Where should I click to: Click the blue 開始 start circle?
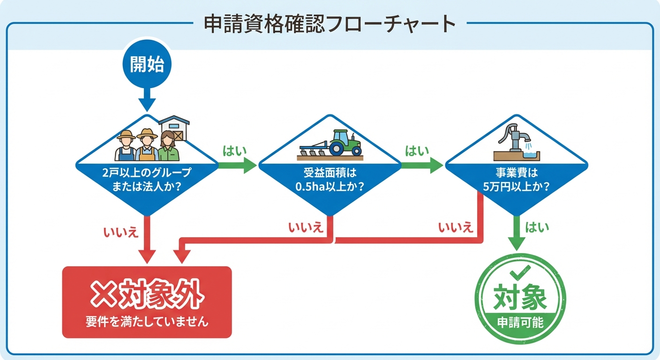tap(147, 65)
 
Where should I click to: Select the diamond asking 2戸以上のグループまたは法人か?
tap(147, 179)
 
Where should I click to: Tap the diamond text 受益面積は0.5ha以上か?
tap(330, 179)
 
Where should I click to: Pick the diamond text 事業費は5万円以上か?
tap(516, 179)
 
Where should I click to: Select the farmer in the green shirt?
tap(168, 146)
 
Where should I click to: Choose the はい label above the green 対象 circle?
tap(537, 228)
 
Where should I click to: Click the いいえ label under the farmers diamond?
tap(120, 231)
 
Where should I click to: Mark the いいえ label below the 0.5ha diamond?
tap(306, 228)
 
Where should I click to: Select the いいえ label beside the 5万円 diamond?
tap(456, 228)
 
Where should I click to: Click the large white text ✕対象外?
tap(147, 295)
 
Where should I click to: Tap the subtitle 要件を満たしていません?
tap(147, 322)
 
